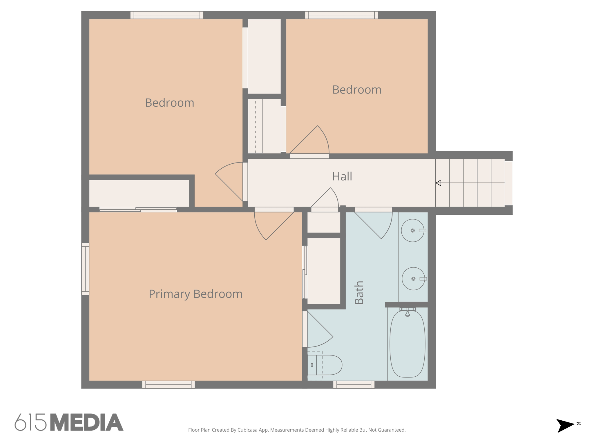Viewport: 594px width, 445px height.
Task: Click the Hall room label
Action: [342, 176]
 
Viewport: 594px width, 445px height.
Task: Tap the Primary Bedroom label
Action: [195, 294]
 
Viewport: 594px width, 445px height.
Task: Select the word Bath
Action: [359, 293]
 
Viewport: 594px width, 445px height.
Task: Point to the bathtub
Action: [407, 344]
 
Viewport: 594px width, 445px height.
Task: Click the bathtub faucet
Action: [407, 313]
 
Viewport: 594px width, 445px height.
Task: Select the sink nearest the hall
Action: [412, 231]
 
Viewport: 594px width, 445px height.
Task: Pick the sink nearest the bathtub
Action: [413, 279]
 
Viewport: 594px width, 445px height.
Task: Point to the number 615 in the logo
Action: [30, 422]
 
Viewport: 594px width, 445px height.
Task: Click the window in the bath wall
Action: [354, 384]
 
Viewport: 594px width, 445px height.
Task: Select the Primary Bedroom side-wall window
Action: [85, 269]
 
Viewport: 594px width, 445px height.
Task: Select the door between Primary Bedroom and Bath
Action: [317, 330]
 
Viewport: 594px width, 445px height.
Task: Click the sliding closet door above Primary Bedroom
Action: [138, 209]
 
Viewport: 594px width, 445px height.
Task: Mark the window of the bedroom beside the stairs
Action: [341, 15]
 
